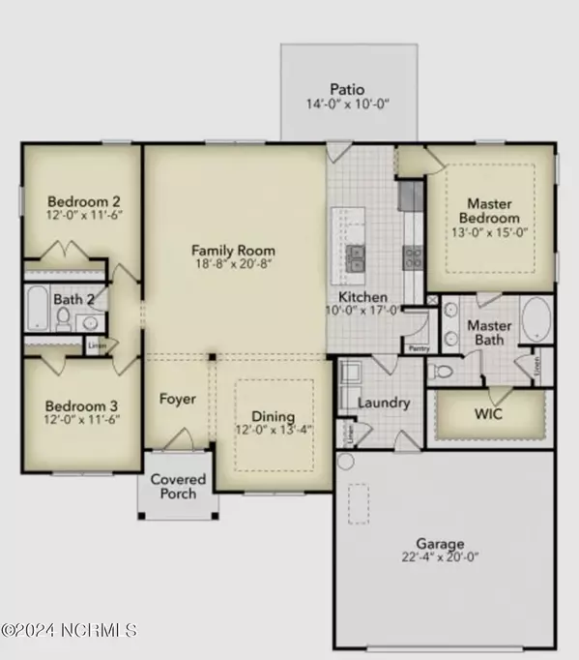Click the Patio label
point(347,85)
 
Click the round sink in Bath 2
point(91,322)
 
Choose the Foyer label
point(178,399)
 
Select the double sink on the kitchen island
point(356,257)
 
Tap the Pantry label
point(419,346)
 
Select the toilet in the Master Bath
point(438,372)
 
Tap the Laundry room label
point(384,403)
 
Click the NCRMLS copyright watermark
point(70,630)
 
